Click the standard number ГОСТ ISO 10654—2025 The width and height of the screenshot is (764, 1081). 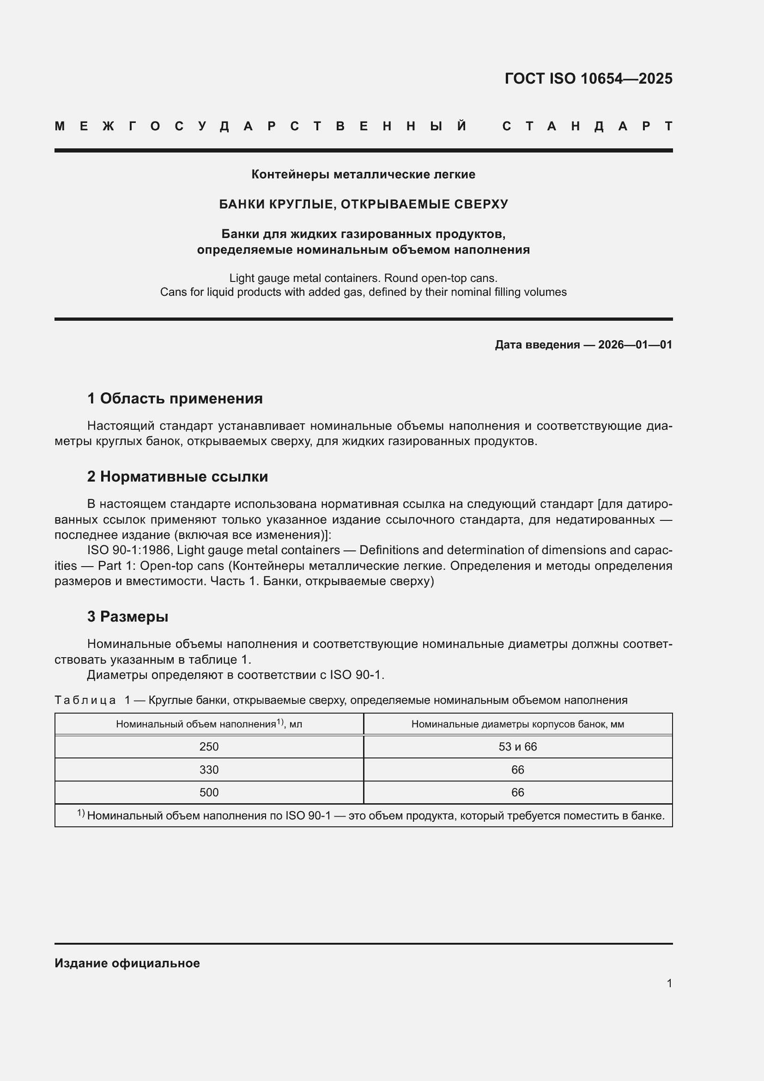coord(588,79)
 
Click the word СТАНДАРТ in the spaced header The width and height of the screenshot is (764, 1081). coord(587,127)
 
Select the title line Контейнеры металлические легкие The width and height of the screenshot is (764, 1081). coord(363,175)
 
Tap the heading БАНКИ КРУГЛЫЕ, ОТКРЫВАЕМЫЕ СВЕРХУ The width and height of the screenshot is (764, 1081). coord(363,204)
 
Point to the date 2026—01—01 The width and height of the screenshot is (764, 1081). coord(635,345)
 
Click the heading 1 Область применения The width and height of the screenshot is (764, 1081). coord(175,399)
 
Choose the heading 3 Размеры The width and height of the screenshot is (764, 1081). coord(127,617)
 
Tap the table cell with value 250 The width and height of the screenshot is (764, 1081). coord(209,747)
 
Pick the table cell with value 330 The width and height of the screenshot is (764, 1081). coord(209,770)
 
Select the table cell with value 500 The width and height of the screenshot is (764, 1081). coord(209,793)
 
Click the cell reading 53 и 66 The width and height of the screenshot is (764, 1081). coord(517,747)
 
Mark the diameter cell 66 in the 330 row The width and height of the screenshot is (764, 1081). coord(517,770)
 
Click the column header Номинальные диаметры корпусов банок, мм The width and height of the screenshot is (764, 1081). coord(517,724)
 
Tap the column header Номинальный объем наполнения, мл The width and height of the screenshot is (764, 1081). coord(209,724)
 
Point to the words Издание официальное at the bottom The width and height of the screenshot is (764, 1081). coord(127,963)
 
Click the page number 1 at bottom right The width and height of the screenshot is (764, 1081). coord(669,983)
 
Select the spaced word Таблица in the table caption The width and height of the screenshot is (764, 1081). coord(85,700)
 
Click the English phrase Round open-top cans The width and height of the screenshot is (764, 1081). coord(440,278)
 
